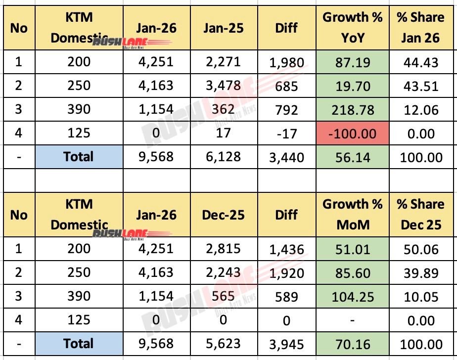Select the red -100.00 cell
pyautogui.click(x=353, y=134)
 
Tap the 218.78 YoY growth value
pyautogui.click(x=353, y=110)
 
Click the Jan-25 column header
pyautogui.click(x=223, y=28)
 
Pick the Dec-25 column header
pyautogui.click(x=223, y=215)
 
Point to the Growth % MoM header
pyautogui.click(x=353, y=215)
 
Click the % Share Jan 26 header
pyautogui.click(x=420, y=28)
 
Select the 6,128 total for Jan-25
pyautogui.click(x=223, y=157)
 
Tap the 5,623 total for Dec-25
pyautogui.click(x=223, y=344)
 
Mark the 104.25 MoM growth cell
pyautogui.click(x=353, y=296)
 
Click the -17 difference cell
pyautogui.click(x=286, y=134)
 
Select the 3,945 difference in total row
pyautogui.click(x=286, y=344)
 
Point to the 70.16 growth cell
pyautogui.click(x=353, y=344)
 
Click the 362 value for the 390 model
pyautogui.click(x=223, y=110)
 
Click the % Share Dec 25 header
pyautogui.click(x=420, y=215)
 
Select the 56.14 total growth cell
pyautogui.click(x=353, y=157)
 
